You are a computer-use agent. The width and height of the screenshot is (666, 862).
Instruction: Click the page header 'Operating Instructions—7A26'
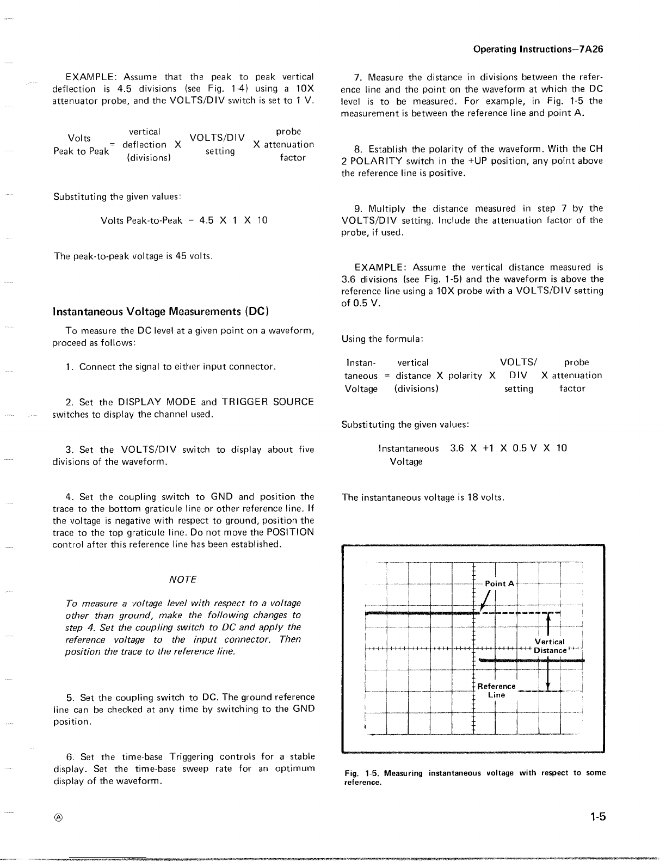(x=538, y=50)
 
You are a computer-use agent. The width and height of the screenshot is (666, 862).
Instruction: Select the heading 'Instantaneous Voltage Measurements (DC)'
(x=161, y=311)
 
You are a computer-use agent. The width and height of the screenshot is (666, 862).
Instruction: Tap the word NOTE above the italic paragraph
(x=183, y=580)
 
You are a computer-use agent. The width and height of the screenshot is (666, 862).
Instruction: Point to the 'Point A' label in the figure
(x=499, y=583)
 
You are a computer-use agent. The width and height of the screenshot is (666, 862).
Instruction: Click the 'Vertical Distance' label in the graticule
(x=550, y=646)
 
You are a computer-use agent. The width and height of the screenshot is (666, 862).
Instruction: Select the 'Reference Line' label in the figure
(x=496, y=691)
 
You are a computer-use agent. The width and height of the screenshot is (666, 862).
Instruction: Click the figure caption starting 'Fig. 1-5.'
(x=474, y=777)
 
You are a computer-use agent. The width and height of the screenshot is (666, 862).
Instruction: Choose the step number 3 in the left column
(x=69, y=450)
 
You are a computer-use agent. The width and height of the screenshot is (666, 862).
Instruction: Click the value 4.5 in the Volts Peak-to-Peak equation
(x=206, y=220)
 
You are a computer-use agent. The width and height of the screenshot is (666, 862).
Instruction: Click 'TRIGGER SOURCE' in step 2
(x=268, y=402)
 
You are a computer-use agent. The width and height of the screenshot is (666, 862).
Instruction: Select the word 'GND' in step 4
(x=221, y=497)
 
